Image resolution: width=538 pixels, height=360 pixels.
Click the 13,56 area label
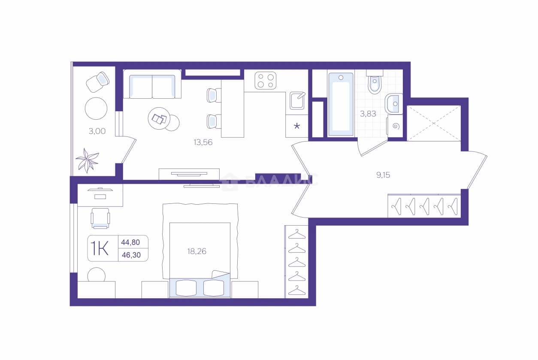pyautogui.click(x=203, y=142)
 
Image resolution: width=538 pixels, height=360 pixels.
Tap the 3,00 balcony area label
pyautogui.click(x=97, y=131)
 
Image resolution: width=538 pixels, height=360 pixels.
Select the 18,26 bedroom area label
pyautogui.click(x=196, y=251)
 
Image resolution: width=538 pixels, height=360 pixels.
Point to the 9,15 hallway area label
pyautogui.click(x=383, y=175)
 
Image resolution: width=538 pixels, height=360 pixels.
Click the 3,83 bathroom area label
pyautogui.click(x=368, y=114)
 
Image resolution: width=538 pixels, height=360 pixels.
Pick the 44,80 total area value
pyautogui.click(x=130, y=242)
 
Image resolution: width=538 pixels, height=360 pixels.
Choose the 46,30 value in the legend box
pyautogui.click(x=131, y=255)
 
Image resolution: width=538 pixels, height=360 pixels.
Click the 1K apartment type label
pyautogui.click(x=100, y=248)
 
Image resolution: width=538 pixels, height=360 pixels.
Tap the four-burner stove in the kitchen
pyautogui.click(x=266, y=81)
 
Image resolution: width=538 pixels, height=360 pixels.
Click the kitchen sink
pyautogui.click(x=297, y=100)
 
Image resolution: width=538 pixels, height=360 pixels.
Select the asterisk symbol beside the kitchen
pyautogui.click(x=297, y=126)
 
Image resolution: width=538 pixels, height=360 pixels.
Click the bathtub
pyautogui.click(x=341, y=104)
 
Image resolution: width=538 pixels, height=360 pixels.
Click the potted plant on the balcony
pyautogui.click(x=87, y=160)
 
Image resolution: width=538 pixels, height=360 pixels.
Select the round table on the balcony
pyautogui.click(x=96, y=108)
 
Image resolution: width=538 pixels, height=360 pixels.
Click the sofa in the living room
pyautogui.click(x=152, y=84)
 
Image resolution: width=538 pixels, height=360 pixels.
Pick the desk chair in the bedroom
pyautogui.click(x=100, y=218)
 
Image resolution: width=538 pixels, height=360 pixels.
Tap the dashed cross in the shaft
pyautogui.click(x=434, y=124)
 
